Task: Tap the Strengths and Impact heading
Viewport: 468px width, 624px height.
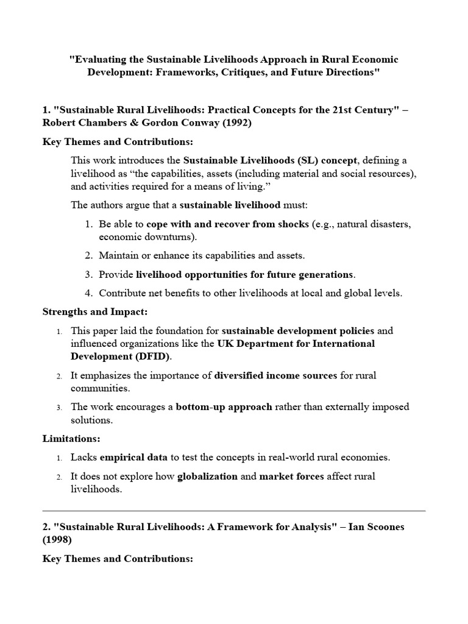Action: coord(94,312)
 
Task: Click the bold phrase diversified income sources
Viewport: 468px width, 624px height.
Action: coord(275,375)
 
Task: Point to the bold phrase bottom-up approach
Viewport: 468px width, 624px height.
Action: coord(224,406)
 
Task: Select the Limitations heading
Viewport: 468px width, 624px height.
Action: coord(71,438)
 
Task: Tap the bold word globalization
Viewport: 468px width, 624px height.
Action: coord(207,476)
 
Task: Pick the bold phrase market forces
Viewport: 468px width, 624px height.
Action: coord(289,476)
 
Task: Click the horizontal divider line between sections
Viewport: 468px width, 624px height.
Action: coord(234,510)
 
